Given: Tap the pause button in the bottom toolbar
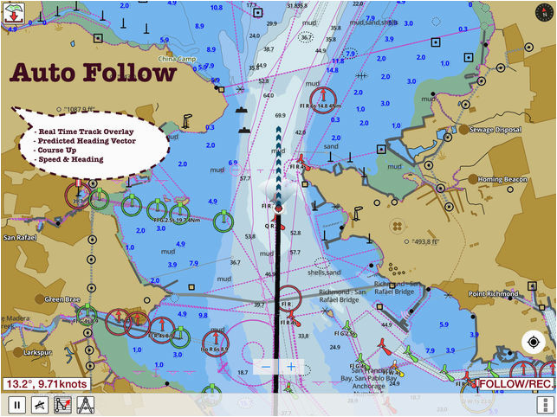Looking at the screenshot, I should tap(16, 404).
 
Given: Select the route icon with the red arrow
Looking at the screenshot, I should tap(63, 404).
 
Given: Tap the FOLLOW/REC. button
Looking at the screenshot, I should tap(516, 383).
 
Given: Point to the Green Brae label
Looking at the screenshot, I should tap(62, 299).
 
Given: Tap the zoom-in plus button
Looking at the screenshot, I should tap(291, 367).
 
